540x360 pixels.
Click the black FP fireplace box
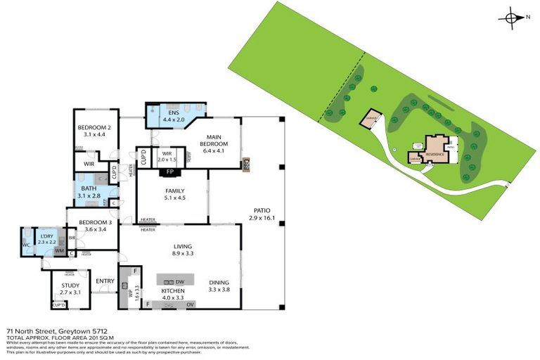(x=169, y=171)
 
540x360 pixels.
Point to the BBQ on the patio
(x=247, y=165)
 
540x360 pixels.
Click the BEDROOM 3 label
(x=96, y=222)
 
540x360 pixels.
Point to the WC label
(x=27, y=245)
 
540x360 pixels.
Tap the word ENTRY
(x=105, y=281)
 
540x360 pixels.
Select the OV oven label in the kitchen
(x=190, y=304)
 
